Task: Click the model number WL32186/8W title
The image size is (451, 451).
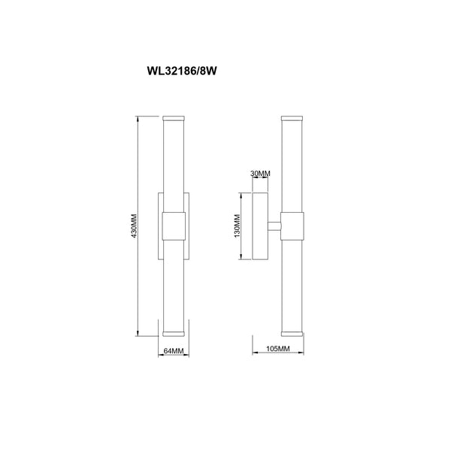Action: (x=182, y=71)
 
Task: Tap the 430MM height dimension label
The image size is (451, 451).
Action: (x=134, y=226)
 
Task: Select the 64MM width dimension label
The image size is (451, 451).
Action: (x=174, y=351)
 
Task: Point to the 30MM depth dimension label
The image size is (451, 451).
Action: (x=260, y=174)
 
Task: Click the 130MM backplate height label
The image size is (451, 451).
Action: (x=237, y=226)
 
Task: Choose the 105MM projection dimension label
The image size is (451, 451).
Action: (x=278, y=349)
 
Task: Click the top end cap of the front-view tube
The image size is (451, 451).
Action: (x=174, y=118)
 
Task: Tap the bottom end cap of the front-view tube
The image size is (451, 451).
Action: (x=174, y=334)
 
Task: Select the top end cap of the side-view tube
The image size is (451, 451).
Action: (x=292, y=118)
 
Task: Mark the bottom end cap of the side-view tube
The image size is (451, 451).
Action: (x=292, y=334)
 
